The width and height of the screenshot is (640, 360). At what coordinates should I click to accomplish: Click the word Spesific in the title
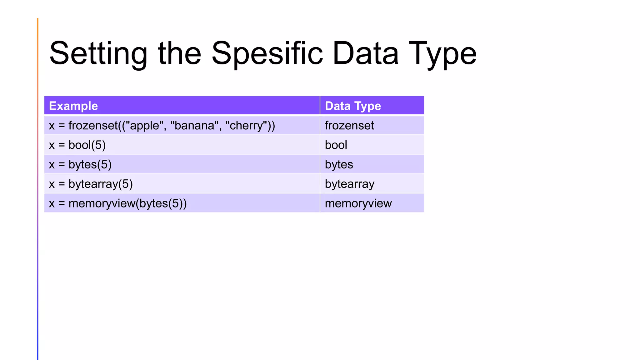(x=267, y=54)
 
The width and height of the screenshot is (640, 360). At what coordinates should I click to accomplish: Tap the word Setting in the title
(x=98, y=54)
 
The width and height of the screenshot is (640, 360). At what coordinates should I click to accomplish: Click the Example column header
(x=73, y=106)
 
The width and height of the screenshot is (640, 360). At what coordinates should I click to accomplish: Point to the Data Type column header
(x=353, y=106)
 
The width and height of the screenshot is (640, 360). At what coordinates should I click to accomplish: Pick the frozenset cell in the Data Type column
(x=349, y=126)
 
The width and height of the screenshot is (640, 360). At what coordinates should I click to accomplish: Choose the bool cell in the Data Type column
(x=336, y=145)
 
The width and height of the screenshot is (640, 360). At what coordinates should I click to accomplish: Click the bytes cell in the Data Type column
(x=339, y=164)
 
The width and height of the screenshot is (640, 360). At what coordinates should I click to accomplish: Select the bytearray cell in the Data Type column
(x=349, y=184)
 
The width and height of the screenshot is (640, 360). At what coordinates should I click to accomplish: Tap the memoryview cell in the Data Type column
(x=358, y=203)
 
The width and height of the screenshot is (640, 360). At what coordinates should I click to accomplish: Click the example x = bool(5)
(x=77, y=145)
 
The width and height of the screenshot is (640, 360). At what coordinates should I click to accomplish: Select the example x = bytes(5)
(x=80, y=164)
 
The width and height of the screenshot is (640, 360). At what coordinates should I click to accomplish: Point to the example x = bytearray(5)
(x=91, y=184)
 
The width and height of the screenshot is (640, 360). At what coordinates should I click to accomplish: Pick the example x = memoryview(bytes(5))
(x=118, y=203)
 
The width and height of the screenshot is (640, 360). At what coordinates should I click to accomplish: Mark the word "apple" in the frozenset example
(x=144, y=126)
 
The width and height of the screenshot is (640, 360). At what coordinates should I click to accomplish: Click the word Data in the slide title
(x=365, y=54)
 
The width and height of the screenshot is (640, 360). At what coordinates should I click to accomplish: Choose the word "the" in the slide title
(x=179, y=54)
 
